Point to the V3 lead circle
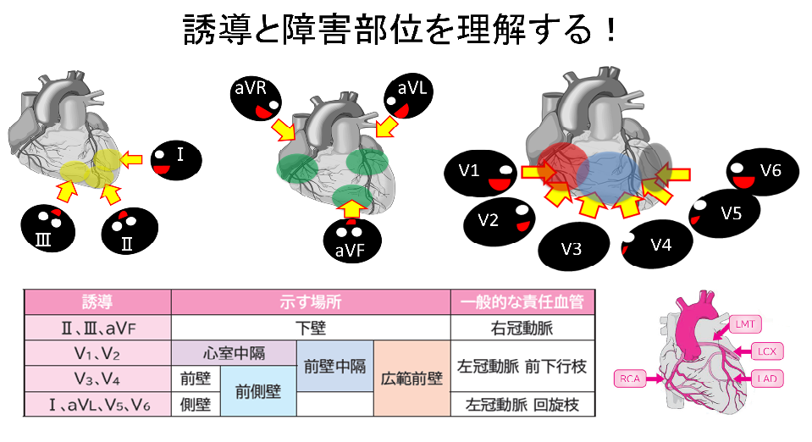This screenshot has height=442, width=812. click(573, 246)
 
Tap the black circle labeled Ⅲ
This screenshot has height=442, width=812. click(47, 229)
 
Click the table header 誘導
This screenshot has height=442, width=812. click(97, 302)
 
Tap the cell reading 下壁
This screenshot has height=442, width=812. click(311, 327)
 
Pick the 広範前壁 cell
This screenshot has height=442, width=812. click(412, 378)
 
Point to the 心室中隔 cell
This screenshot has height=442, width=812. click(235, 352)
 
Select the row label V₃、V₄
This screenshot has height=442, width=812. click(97, 378)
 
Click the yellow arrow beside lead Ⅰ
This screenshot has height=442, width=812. click(130, 158)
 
